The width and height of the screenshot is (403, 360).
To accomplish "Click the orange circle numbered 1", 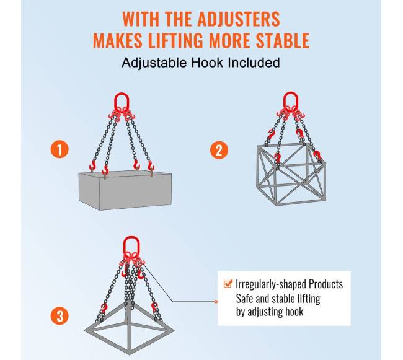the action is point(60,149).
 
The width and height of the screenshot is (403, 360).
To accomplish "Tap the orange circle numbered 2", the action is point(219,150).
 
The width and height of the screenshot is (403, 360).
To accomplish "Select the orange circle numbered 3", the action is point(60,315).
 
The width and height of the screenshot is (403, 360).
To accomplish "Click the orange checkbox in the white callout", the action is point(228,284).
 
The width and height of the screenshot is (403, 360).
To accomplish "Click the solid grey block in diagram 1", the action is point(125,190).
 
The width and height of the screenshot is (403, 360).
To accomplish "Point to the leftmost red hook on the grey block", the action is point(92,165).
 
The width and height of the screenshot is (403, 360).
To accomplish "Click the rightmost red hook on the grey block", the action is point(151,166).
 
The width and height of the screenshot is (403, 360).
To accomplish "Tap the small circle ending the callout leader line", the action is point(216,302).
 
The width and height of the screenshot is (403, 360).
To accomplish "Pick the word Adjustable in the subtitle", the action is point(154,63).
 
